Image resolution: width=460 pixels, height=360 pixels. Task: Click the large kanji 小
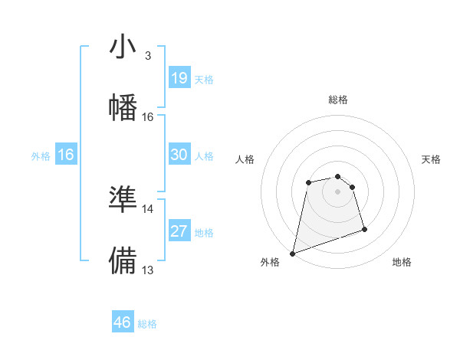point(123,47)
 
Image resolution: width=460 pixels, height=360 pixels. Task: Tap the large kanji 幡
point(123,106)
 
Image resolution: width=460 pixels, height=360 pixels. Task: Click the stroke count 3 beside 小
point(147,56)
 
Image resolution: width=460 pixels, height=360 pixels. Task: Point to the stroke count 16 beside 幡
point(147,117)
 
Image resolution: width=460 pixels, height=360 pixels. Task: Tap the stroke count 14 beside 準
point(147,208)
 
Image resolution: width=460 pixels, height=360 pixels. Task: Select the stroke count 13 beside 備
point(147,270)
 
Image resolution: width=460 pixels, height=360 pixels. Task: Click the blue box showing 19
point(179,77)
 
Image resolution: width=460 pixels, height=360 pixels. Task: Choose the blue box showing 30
point(179,155)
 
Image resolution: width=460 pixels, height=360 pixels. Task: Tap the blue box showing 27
point(179,231)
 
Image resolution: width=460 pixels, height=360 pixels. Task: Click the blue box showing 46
point(123,322)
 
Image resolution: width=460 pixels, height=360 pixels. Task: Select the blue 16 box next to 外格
point(66,155)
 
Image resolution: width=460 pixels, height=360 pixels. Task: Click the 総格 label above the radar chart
point(338,100)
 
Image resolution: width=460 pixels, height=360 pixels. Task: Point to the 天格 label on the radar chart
point(432,159)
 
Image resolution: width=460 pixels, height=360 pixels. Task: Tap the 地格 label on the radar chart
point(402,263)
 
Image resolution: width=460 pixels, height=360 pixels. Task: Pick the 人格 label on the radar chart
point(245,159)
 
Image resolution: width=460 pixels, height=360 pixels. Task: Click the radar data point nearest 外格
point(292,253)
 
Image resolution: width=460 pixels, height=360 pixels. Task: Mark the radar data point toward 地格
point(364,229)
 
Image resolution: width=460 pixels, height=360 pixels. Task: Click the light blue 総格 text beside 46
point(147,324)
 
